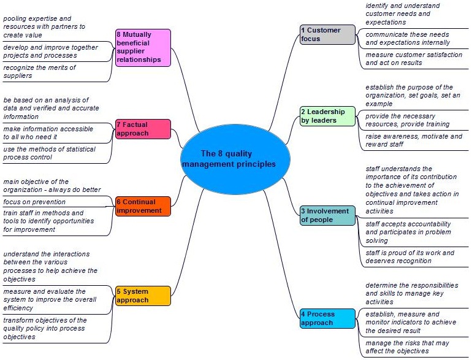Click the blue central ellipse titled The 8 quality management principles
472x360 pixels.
pos(235,158)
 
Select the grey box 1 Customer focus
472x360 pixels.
pos(327,34)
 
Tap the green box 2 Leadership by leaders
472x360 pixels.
pos(327,116)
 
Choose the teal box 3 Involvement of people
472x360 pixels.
pos(327,215)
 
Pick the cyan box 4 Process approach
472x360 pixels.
pos(327,318)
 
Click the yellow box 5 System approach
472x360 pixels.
pos(143,296)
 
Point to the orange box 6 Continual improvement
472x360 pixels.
pos(143,206)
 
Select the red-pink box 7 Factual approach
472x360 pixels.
pos(143,129)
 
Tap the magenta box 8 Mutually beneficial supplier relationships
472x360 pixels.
pos(143,48)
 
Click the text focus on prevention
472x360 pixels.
pos(34,202)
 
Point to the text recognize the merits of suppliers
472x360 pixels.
pos(39,72)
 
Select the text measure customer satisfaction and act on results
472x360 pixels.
pos(414,59)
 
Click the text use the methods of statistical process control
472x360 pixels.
pos(50,153)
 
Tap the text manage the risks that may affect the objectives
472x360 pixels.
pos(407,347)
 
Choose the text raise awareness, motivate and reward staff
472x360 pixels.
pos(414,140)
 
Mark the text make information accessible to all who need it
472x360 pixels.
pos(48,133)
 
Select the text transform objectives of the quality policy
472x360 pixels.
pos(45,324)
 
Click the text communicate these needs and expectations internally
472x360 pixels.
pos(408,39)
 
